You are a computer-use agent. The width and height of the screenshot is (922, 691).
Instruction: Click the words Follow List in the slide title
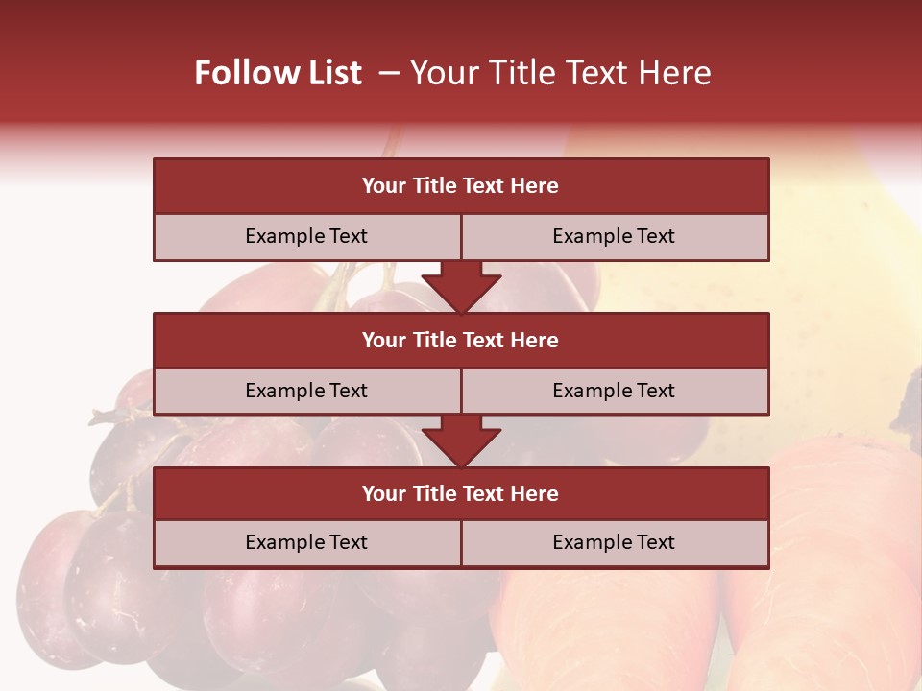pos(278,73)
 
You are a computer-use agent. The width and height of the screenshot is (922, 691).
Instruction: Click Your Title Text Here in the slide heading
pos(561,73)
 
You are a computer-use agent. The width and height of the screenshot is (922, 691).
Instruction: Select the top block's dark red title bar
pos(461,185)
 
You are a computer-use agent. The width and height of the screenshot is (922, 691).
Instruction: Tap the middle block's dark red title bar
pos(461,340)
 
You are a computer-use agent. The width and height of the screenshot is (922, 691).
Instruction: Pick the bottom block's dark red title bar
pos(461,493)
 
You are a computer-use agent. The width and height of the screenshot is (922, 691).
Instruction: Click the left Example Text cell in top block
pos(306,236)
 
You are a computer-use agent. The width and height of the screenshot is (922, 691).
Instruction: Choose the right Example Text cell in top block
pos(614,236)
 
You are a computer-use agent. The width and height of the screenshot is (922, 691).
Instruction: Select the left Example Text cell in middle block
pos(306,391)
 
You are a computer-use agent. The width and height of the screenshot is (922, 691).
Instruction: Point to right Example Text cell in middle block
pos(614,391)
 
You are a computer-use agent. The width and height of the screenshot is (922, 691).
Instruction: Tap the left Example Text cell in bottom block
pos(306,542)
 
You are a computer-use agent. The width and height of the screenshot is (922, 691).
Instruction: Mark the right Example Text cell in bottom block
pos(614,542)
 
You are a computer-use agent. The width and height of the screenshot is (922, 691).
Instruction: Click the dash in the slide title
pos(389,73)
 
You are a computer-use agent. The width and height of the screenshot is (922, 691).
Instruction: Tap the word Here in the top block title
pos(535,185)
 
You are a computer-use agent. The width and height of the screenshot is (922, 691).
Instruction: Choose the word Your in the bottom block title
pos(383,493)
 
